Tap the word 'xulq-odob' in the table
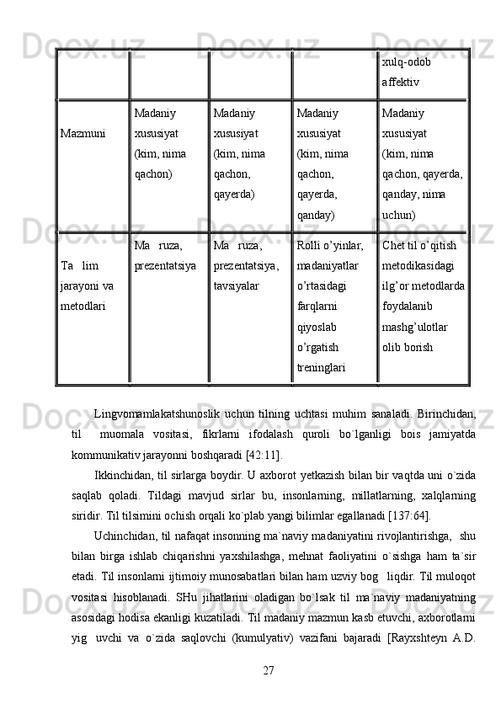[x=407, y=62]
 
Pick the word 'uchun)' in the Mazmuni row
[x=398, y=215]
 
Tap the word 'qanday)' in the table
[x=317, y=215]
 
